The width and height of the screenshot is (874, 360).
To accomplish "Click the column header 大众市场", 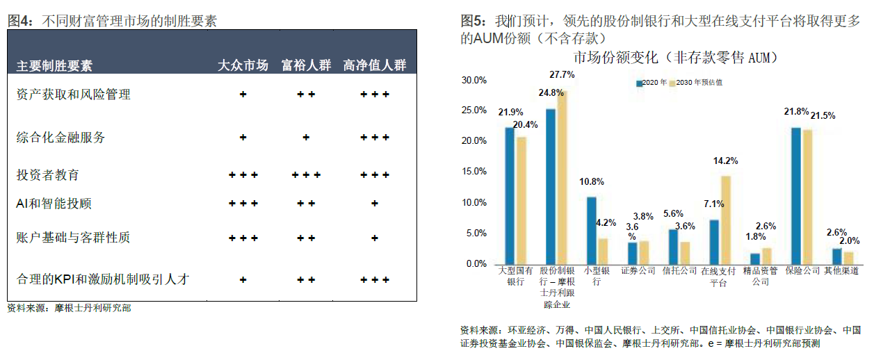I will click(243, 66).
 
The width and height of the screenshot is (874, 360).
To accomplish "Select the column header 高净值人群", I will click(375, 66).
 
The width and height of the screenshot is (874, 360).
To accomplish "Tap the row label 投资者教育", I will click(48, 174).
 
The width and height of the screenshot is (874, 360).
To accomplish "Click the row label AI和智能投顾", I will click(54, 204).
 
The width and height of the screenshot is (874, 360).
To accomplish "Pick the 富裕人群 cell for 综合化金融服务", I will click(306, 138).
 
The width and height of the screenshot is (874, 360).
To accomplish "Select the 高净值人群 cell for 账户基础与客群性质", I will click(375, 238).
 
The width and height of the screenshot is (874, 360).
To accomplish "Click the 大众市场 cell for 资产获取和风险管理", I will click(243, 94).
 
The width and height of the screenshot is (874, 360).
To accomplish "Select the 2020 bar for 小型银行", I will click(591, 230).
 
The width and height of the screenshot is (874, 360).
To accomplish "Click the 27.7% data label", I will click(562, 74).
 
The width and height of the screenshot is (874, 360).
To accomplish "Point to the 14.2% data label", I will click(726, 161).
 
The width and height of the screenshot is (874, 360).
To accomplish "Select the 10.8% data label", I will click(591, 182).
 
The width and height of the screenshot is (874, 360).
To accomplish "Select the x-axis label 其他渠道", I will click(842, 271).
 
